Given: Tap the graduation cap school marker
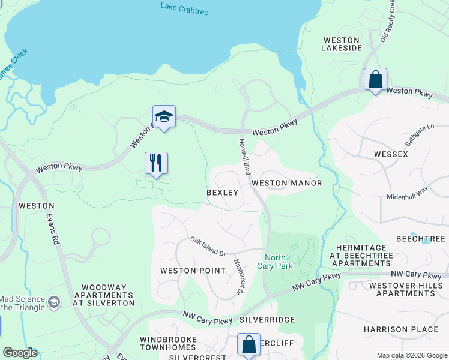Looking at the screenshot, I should click(164, 116).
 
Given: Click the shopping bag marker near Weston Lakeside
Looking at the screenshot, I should click(375, 80).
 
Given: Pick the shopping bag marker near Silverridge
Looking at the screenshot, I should click(249, 345).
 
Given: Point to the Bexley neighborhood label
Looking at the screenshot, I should click(222, 193).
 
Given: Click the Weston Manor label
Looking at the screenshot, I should click(286, 183).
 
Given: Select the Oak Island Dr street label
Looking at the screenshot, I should click(208, 247).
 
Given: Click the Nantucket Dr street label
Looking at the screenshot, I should click(238, 276).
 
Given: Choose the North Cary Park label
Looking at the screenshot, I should click(275, 261).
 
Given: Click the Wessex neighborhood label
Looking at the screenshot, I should click(391, 154).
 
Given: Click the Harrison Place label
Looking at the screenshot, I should click(401, 329).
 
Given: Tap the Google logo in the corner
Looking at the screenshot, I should click(20, 353).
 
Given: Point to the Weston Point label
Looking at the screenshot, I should click(187, 271).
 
